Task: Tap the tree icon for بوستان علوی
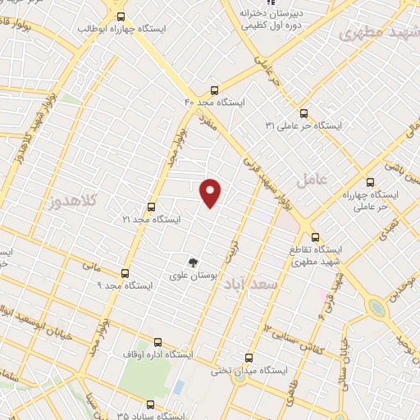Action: click(x=193, y=262)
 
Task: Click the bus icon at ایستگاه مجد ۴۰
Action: click(x=215, y=90)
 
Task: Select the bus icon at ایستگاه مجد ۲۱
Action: click(x=150, y=208)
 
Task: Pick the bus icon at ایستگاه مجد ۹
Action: click(x=125, y=273)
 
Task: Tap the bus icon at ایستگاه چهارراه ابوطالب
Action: click(x=121, y=16)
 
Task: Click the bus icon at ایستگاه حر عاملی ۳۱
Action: click(x=304, y=113)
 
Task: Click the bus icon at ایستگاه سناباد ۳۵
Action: click(x=150, y=404)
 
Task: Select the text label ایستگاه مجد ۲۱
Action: click(x=150, y=220)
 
